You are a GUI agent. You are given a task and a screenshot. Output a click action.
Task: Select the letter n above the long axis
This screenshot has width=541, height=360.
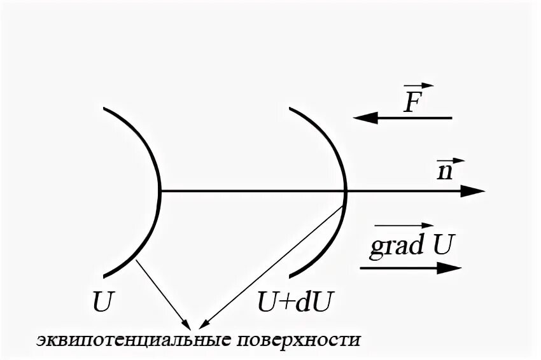click(x=445, y=172)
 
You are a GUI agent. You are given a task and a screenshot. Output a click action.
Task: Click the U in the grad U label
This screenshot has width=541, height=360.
click(x=444, y=244)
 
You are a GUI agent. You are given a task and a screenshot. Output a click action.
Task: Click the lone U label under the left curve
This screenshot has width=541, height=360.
click(x=102, y=301)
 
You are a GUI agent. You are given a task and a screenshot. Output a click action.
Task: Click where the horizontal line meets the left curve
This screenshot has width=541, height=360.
click(x=160, y=190)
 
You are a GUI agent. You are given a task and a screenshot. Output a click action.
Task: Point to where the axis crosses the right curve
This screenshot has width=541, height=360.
click(x=345, y=190)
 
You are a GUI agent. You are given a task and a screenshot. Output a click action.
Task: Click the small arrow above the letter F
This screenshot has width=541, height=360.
click(x=418, y=86)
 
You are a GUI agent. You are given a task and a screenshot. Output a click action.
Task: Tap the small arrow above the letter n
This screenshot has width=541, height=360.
click(x=450, y=160)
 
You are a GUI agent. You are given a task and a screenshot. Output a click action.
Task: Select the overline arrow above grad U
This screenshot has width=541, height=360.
click(x=403, y=226)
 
